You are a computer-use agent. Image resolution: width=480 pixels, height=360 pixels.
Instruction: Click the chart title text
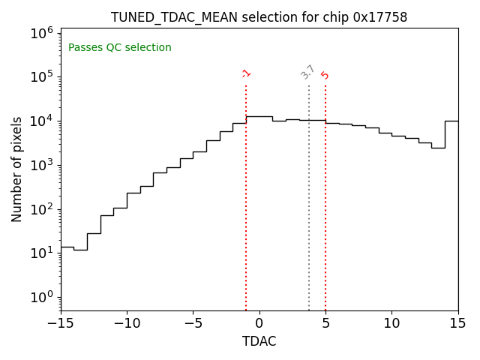tap(259, 17)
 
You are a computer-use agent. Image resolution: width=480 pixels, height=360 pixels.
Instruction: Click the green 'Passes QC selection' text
tap(120, 48)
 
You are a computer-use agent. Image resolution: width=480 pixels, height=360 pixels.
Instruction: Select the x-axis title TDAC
tap(259, 341)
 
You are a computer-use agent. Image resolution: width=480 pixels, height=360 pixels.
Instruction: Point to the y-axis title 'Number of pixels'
tap(17, 169)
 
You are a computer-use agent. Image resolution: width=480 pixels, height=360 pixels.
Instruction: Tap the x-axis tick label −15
tap(61, 323)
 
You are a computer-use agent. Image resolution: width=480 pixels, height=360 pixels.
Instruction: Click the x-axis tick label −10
tap(127, 323)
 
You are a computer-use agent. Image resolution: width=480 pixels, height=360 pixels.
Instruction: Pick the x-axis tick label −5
tap(193, 323)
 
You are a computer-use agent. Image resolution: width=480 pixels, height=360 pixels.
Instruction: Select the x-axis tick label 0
tap(259, 323)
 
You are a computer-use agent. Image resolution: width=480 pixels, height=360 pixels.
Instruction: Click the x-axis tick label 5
tap(325, 323)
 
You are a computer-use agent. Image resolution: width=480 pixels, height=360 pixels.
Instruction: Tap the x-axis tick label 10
tap(391, 323)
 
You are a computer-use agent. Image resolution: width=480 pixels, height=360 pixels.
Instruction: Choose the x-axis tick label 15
tap(457, 323)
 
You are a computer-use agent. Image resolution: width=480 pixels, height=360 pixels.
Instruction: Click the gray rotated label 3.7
tap(307, 72)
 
